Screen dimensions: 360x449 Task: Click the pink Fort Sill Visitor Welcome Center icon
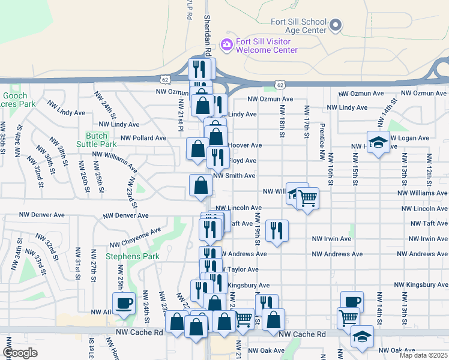coord(226,44)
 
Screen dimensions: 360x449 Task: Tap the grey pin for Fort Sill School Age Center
coord(336,25)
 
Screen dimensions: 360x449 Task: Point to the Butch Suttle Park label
coord(96,140)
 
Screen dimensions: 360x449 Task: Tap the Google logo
coord(20,352)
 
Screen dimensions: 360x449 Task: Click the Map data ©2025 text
coord(423,355)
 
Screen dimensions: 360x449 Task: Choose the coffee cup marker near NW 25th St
coord(124,302)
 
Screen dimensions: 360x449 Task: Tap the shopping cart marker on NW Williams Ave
coord(307,197)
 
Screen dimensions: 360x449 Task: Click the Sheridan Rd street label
coord(207,26)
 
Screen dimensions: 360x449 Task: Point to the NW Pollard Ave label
coord(143,138)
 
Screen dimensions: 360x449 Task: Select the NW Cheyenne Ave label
coord(135,238)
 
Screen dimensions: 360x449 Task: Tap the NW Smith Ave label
coord(235,176)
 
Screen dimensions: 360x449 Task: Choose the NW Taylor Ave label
coord(240,270)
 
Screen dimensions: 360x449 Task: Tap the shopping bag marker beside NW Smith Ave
coord(200,185)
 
